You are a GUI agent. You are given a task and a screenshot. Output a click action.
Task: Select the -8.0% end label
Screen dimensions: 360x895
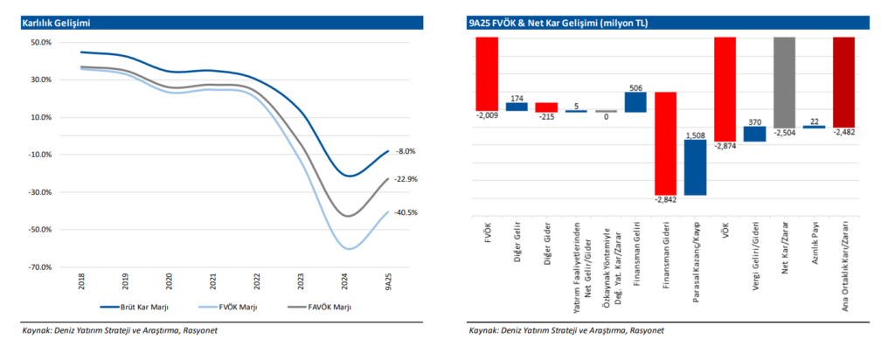pos(405,152)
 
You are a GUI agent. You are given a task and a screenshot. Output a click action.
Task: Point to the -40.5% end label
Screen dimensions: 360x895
pos(406,212)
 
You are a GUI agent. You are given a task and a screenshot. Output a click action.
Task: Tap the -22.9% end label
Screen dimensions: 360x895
pos(406,179)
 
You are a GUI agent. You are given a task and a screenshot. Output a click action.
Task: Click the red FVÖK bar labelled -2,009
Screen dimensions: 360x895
pos(487,73)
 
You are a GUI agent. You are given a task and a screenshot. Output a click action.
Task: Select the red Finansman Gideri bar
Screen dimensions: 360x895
pos(665,143)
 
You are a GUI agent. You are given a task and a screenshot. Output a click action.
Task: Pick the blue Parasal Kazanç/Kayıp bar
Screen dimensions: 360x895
pos(695,167)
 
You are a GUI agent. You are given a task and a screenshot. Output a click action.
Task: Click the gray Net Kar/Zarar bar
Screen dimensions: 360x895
pos(784,82)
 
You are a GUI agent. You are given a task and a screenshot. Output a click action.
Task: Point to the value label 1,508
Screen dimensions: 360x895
pos(695,135)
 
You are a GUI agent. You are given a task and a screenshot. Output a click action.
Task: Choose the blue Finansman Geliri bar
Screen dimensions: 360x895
pos(635,102)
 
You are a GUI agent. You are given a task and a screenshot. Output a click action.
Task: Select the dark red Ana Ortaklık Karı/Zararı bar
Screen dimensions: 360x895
pos(843,82)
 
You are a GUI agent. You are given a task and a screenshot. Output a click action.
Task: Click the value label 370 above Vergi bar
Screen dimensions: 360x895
pos(754,121)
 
